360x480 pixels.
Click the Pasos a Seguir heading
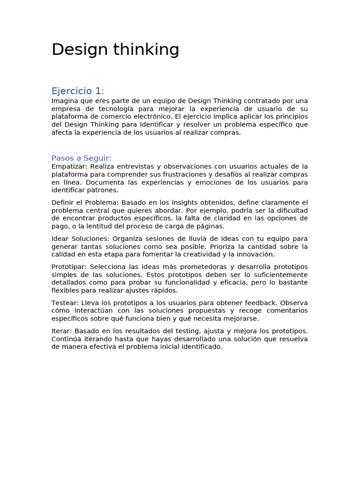tap(82, 158)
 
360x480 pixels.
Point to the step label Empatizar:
tap(69, 166)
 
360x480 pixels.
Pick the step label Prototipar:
tap(68, 267)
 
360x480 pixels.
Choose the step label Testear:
tap(65, 303)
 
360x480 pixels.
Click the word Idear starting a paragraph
tap(60, 239)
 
